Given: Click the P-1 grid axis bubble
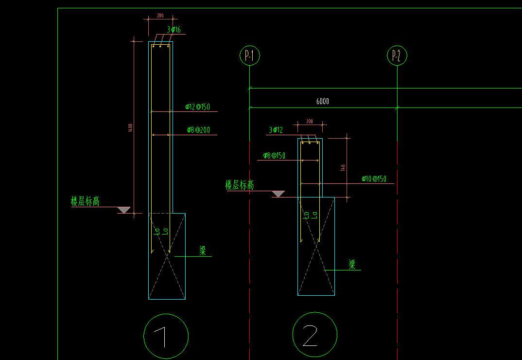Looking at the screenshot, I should click(x=250, y=55).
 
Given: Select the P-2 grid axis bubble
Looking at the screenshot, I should click(x=397, y=55).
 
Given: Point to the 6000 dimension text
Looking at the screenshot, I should click(x=322, y=101).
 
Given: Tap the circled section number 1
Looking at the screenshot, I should click(x=166, y=336).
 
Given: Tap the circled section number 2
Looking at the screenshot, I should click(x=314, y=335).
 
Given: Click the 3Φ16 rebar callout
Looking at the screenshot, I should click(x=174, y=30).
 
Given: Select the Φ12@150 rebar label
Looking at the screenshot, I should click(x=197, y=107).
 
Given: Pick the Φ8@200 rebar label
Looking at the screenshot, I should click(x=198, y=130).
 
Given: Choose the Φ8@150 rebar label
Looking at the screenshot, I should click(x=274, y=156).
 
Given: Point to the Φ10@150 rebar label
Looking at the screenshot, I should click(x=374, y=179).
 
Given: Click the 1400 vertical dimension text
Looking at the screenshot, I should click(x=130, y=127).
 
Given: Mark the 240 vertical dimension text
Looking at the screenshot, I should click(x=343, y=168).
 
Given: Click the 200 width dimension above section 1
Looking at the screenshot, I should click(x=160, y=16).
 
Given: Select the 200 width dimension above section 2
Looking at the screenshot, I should click(x=310, y=121).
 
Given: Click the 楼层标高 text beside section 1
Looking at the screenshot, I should click(x=85, y=201).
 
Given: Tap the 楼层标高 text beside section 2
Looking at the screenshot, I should click(x=239, y=185).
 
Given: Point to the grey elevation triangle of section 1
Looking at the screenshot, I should click(x=124, y=210).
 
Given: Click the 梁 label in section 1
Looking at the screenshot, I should click(x=203, y=251).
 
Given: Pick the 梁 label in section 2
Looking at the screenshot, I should click(x=352, y=265).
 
